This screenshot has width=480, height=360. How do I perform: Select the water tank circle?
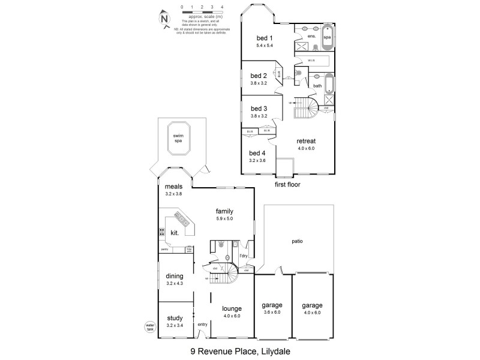[x=150, y=327]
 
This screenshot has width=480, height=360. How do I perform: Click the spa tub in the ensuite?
[x=327, y=37]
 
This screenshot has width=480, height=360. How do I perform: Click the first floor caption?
[x=287, y=185]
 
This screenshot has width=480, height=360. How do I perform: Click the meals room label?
[x=174, y=186]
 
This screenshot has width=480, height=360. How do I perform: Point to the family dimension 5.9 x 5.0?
[x=224, y=219]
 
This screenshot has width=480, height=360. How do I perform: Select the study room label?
[x=174, y=318]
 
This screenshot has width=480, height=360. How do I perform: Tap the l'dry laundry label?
[x=244, y=257]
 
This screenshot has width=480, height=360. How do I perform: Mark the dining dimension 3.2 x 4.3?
[x=174, y=283]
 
